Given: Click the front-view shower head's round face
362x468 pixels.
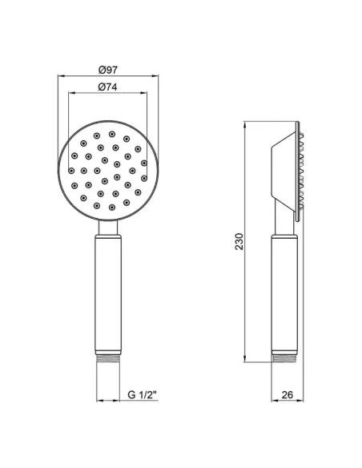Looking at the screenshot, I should coord(108,171).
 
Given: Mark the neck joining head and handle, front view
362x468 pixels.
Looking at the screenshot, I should coord(108,228).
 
